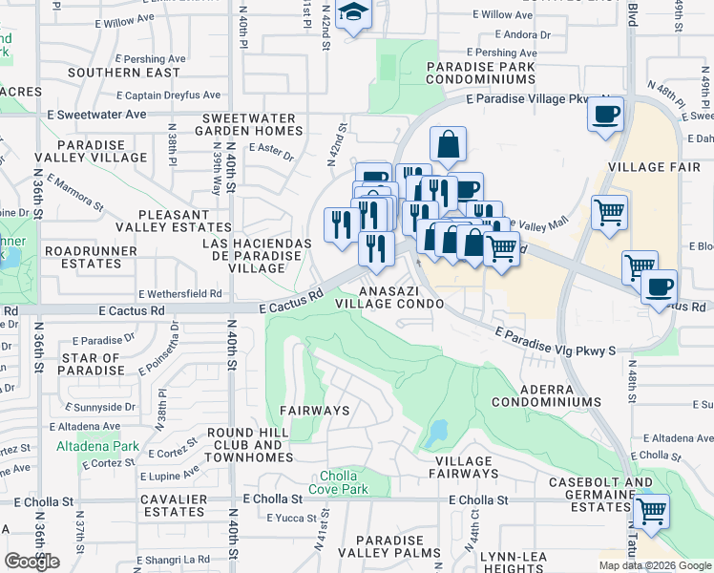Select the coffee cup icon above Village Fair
[606, 116]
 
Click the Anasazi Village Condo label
[389, 296]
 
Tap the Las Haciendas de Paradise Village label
[257, 256]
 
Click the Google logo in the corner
[31, 562]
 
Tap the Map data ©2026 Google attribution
[654, 565]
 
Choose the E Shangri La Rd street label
[173, 560]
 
